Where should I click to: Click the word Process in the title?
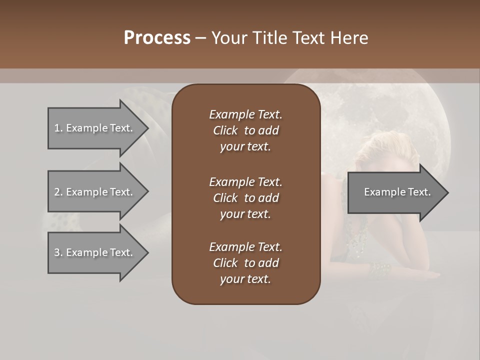pos(157,38)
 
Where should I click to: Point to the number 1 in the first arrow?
pos(57,128)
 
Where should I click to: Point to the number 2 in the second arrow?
pos(57,192)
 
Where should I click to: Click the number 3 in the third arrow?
pos(57,252)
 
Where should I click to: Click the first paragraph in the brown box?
pos(245,130)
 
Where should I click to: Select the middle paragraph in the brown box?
pos(245,197)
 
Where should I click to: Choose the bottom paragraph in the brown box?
pos(245,263)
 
